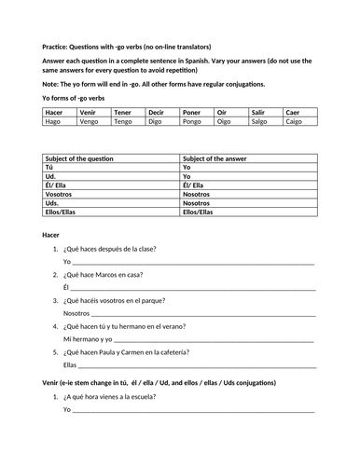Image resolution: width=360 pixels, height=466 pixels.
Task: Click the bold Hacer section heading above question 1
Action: pyautogui.click(x=52, y=235)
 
